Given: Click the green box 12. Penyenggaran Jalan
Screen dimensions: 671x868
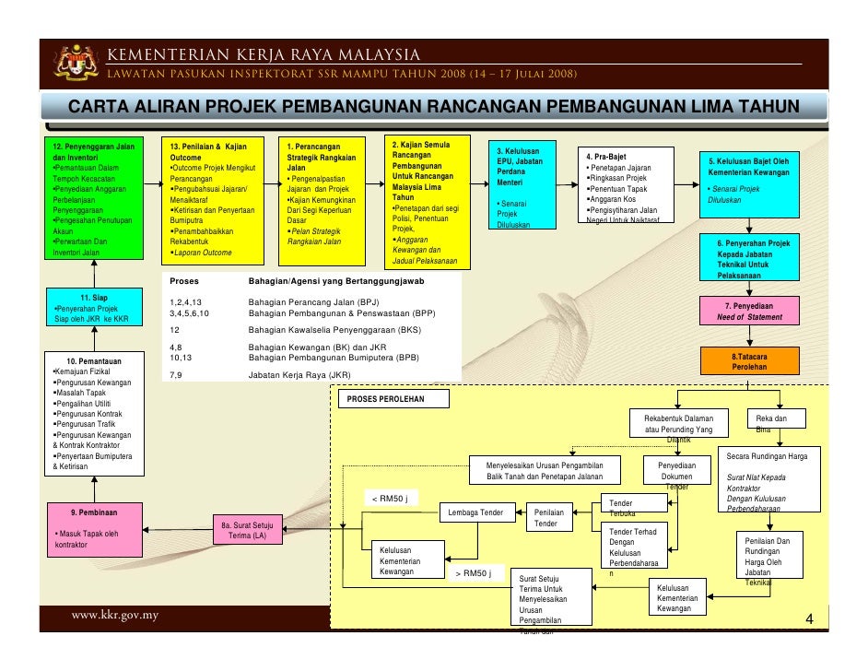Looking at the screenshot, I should click(95, 198).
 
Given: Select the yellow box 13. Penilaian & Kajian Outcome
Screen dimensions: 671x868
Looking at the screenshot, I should click(215, 199).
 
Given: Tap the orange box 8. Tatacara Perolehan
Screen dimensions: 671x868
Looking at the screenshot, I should click(749, 360).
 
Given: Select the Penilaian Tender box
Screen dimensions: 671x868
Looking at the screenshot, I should click(548, 517).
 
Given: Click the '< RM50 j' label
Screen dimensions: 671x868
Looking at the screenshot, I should click(389, 500).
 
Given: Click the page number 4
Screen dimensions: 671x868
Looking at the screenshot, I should click(808, 618).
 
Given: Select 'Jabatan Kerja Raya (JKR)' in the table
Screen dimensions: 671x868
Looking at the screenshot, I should click(299, 375).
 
